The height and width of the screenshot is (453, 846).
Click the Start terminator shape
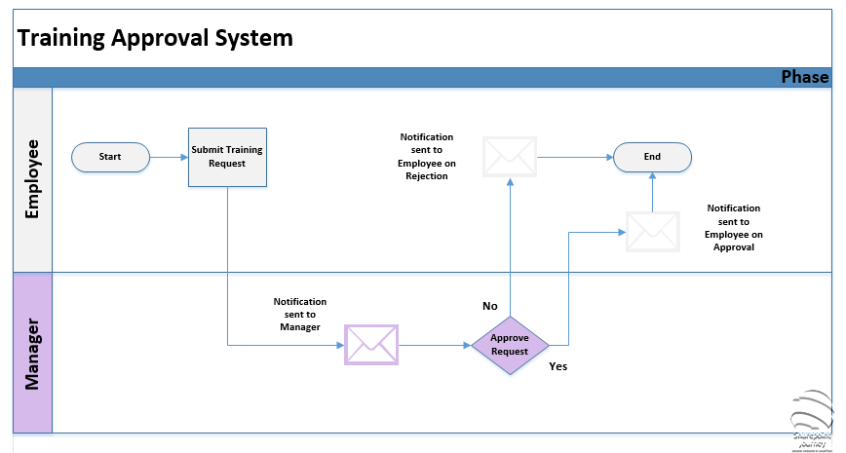[110, 157]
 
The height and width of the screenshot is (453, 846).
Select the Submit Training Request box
[227, 157]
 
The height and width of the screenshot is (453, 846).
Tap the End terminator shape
[652, 157]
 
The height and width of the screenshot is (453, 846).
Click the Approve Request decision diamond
[510, 345]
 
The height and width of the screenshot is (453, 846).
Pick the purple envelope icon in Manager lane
[371, 345]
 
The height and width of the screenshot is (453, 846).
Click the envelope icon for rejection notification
[510, 157]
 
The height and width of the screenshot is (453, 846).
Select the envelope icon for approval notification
[652, 232]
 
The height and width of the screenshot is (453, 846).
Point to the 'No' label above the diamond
[490, 306]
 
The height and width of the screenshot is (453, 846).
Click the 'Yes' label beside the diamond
[558, 367]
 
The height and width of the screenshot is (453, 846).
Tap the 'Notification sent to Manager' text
[300, 315]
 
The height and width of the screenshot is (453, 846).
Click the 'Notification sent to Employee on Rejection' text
[427, 157]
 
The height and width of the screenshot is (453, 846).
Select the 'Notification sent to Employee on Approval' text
[733, 228]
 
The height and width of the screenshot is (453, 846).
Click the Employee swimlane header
[32, 180]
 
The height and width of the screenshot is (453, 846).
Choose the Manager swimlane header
[32, 353]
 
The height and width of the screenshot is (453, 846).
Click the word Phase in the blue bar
[804, 78]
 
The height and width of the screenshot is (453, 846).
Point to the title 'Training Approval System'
[154, 39]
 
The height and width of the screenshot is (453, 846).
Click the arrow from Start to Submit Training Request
[169, 157]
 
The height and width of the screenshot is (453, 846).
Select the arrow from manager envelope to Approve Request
[434, 345]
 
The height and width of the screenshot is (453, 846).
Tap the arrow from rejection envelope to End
[574, 157]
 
